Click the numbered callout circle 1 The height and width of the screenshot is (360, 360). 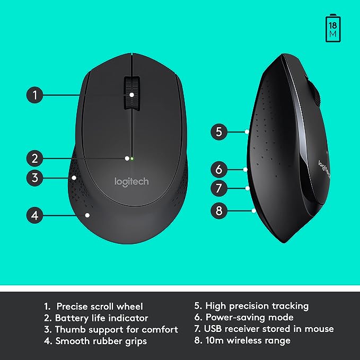[x=34, y=95]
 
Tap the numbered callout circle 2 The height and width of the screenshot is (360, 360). [x=34, y=158]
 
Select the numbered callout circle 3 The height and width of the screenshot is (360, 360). [x=34, y=178]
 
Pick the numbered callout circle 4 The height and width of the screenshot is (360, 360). [x=34, y=215]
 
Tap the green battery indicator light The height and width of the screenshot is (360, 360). [x=131, y=158]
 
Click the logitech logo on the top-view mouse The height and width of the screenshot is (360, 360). [x=131, y=181]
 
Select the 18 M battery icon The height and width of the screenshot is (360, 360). [x=333, y=29]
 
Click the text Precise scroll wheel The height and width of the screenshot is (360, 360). [x=99, y=306]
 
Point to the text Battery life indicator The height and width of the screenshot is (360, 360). [x=96, y=318]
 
